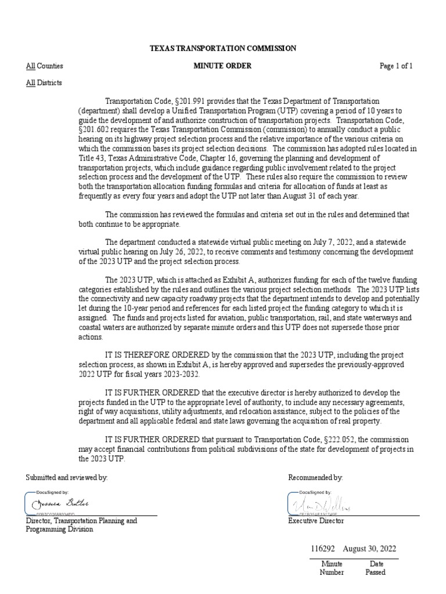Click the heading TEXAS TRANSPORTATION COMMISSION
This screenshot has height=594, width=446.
(x=222, y=49)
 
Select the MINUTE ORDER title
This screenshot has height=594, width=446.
(x=222, y=66)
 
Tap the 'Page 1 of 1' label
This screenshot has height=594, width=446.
(x=396, y=66)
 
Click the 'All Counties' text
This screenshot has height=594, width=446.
(x=44, y=66)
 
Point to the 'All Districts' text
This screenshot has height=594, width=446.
(x=44, y=83)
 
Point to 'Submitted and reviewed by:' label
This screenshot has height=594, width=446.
(x=67, y=477)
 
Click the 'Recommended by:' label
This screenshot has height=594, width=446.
(x=315, y=477)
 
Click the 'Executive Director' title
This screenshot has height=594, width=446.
(x=316, y=521)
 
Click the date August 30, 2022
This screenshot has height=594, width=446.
(x=370, y=549)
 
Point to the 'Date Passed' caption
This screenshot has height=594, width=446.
(x=375, y=568)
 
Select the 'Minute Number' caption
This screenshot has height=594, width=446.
(x=332, y=568)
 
